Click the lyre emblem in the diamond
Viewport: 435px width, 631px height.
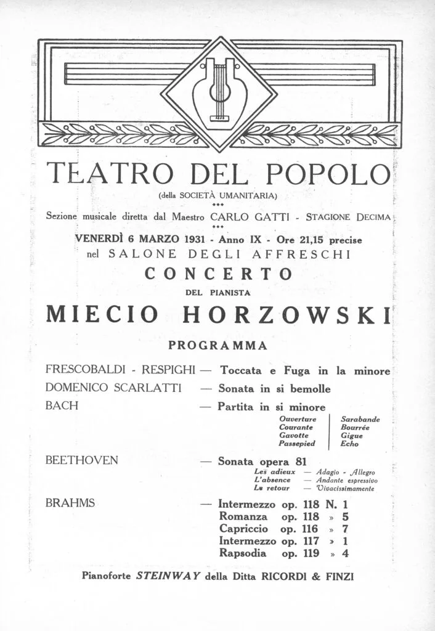(x=219, y=92)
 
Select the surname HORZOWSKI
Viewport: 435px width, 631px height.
(x=288, y=314)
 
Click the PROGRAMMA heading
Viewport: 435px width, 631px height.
(x=218, y=346)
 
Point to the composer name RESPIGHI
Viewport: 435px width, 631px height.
(x=169, y=370)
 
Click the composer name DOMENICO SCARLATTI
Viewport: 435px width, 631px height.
(x=113, y=389)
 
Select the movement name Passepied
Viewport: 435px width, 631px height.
(x=297, y=443)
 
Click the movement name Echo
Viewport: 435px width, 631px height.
(x=349, y=443)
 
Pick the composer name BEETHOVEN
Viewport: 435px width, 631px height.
(x=82, y=460)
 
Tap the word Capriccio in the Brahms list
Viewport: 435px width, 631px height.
(x=244, y=529)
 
